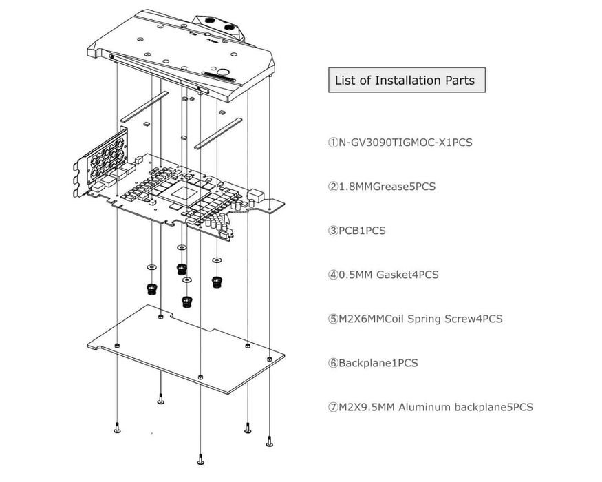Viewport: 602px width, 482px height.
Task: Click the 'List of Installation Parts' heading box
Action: (405, 80)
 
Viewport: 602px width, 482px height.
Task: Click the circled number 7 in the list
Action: (333, 406)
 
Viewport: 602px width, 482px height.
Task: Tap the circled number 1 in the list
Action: (333, 143)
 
